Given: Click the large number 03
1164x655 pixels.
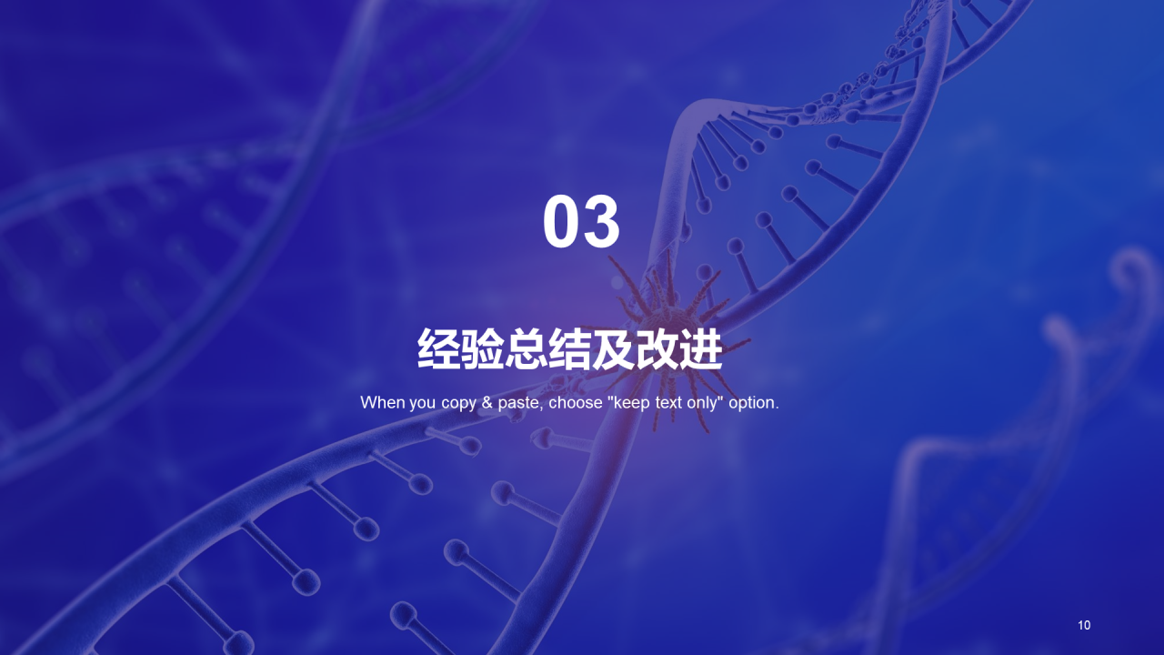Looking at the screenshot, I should pyautogui.click(x=582, y=223).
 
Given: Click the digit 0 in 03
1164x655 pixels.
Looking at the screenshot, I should pyautogui.click(x=562, y=223).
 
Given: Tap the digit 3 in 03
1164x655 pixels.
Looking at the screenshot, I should pyautogui.click(x=602, y=223).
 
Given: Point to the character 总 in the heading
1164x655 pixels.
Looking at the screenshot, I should pyautogui.click(x=527, y=349).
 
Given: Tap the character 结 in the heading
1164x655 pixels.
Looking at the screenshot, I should pyautogui.click(x=570, y=349).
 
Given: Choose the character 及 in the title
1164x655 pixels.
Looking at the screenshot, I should pyautogui.click(x=614, y=349).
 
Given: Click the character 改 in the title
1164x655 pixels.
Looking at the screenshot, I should pyautogui.click(x=657, y=349).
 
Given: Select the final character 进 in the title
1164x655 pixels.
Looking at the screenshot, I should pyautogui.click(x=701, y=349).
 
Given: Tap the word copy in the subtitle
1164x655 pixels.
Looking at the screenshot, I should pyautogui.click(x=459, y=403).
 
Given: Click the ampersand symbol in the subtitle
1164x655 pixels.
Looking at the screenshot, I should pyautogui.click(x=487, y=402).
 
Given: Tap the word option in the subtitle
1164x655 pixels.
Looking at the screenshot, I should pyautogui.click(x=752, y=403).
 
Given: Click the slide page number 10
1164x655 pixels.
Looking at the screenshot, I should pyautogui.click(x=1084, y=625).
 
